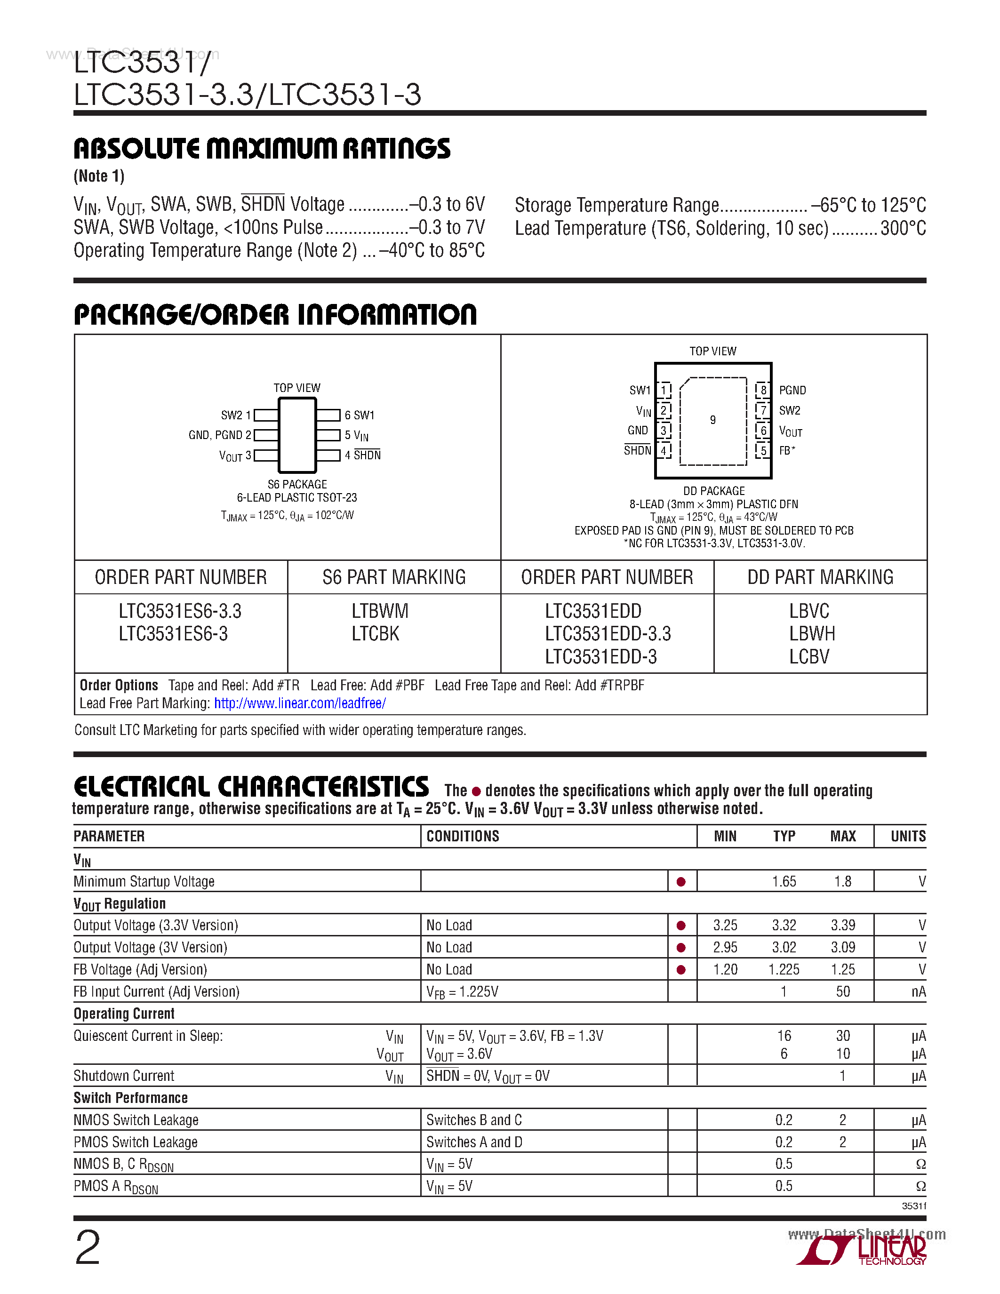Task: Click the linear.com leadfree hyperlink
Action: (300, 703)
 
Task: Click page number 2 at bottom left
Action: (88, 1247)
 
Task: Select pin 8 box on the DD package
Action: (763, 390)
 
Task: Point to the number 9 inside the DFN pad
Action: (712, 420)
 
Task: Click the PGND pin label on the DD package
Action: (792, 391)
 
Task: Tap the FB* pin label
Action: (787, 450)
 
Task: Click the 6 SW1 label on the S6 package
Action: (359, 415)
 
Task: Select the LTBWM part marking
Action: (380, 611)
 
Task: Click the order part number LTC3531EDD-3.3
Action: (608, 634)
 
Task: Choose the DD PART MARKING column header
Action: (820, 577)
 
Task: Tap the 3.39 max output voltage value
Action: (842, 926)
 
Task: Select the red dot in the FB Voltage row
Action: (681, 970)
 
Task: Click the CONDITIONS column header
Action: (463, 836)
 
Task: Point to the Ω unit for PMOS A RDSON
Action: (920, 1186)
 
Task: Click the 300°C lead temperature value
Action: (903, 228)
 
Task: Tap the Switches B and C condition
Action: (474, 1120)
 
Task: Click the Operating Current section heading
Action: (124, 1014)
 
